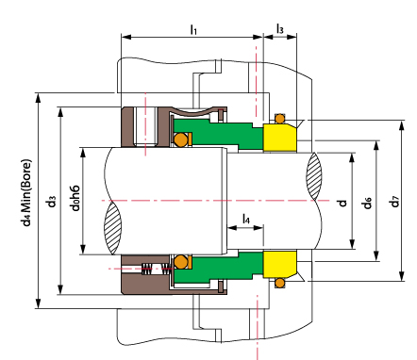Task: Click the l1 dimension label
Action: (x=193, y=29)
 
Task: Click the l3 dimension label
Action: (x=279, y=28)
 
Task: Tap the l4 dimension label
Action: (x=246, y=219)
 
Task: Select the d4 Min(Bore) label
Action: (x=27, y=192)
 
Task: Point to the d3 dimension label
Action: (x=52, y=202)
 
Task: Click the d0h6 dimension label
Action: (x=75, y=198)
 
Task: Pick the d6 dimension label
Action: (x=367, y=203)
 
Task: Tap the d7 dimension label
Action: (x=394, y=202)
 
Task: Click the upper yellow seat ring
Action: (x=280, y=138)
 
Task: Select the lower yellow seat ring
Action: (x=280, y=264)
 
